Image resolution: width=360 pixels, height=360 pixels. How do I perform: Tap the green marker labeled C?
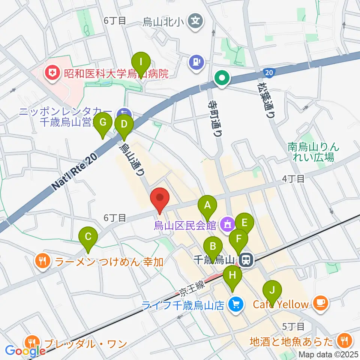click(88, 237)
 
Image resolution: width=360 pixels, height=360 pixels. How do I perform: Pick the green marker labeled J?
click(272, 290)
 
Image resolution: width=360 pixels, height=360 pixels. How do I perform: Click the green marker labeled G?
click(103, 123)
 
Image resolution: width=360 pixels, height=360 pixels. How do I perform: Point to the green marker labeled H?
click(233, 276)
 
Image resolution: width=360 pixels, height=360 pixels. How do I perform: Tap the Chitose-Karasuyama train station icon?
click(246, 259)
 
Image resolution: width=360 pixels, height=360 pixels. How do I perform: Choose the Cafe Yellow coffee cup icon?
click(320, 302)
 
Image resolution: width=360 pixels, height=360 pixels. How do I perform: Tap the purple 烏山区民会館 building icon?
click(227, 225)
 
